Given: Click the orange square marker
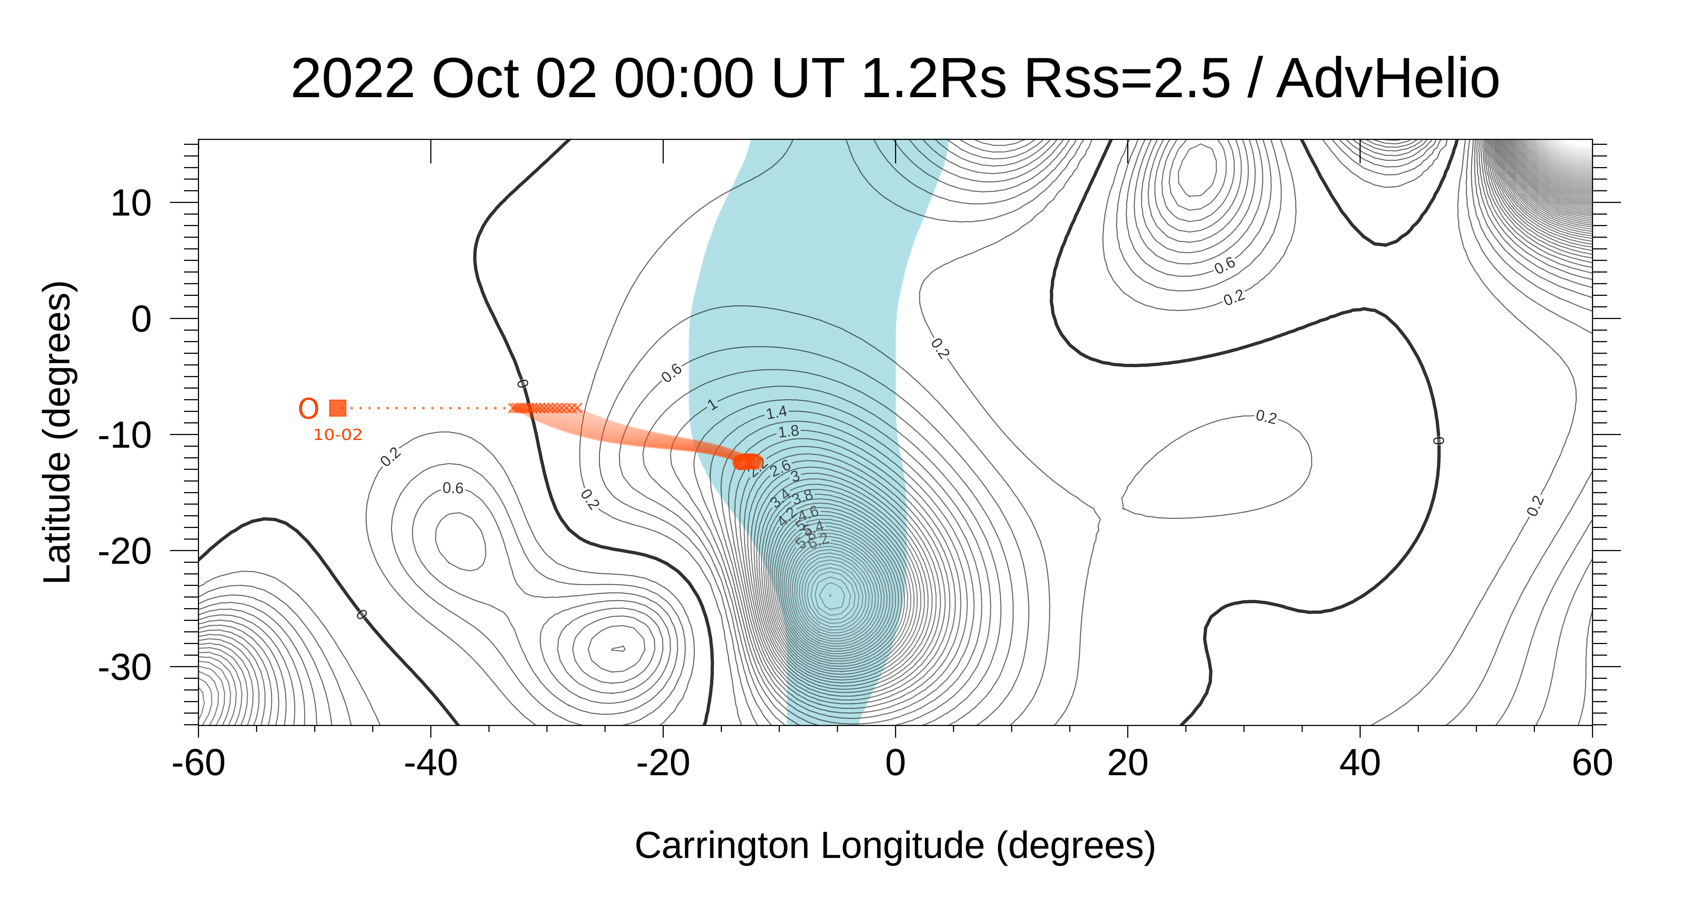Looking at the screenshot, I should point(337,408).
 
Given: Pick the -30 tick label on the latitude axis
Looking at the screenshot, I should point(125,668).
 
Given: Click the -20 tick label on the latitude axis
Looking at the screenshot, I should point(125,552).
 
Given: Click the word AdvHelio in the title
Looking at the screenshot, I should point(1388,79).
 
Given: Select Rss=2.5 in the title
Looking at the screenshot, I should point(1127,79).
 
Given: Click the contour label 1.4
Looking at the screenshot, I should point(777,412).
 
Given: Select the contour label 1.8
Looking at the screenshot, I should point(789,431).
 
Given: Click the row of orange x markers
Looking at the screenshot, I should point(545,408).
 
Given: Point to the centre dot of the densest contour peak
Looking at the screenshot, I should point(830,595).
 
